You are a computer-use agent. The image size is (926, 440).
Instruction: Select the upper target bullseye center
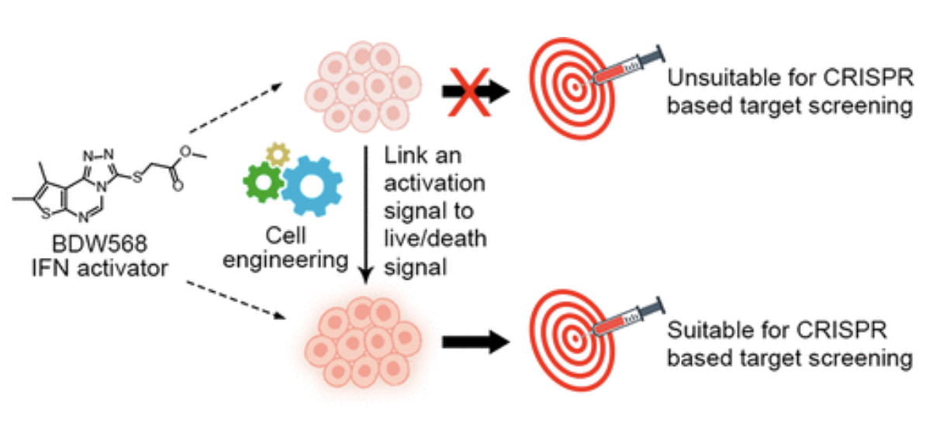[x=575, y=87]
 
